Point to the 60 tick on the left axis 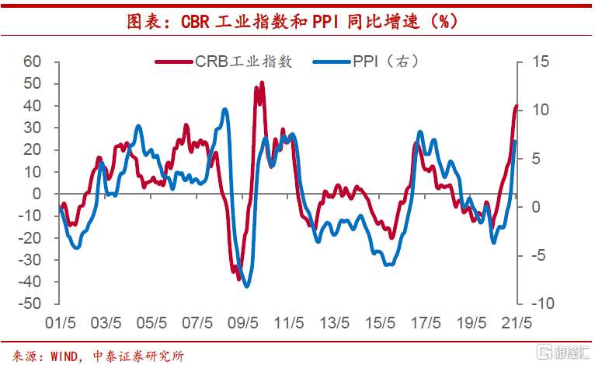(x=32, y=61)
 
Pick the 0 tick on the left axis (x=37, y=194)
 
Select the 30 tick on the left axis (x=32, y=128)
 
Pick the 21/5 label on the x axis (x=517, y=322)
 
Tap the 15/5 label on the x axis (x=380, y=322)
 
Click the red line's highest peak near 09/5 (x=262, y=82)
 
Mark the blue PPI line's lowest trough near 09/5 (x=247, y=286)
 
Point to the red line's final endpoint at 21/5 (x=517, y=107)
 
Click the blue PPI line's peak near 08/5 (x=225, y=110)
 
